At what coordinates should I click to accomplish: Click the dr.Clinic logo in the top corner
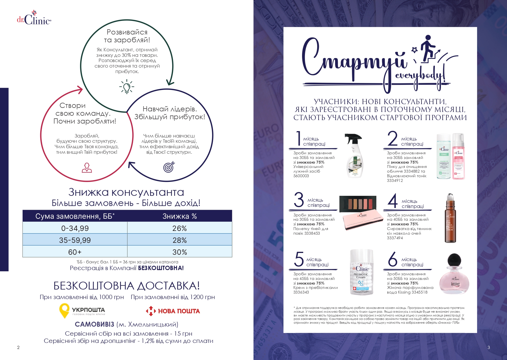[x=34, y=18]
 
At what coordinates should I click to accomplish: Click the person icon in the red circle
[x=87, y=168]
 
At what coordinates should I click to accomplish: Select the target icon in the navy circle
[x=169, y=167]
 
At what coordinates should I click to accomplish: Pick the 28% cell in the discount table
[x=179, y=240]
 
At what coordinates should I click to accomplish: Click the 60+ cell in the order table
[x=75, y=252]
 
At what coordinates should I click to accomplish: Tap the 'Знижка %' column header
[x=179, y=216]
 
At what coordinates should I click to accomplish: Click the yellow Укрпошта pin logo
[x=64, y=310]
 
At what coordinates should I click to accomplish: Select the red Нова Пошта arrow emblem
[x=151, y=311]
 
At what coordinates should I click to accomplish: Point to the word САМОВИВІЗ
[x=94, y=324]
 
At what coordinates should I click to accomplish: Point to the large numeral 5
[x=299, y=259]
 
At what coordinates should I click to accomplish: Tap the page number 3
[x=489, y=347]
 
